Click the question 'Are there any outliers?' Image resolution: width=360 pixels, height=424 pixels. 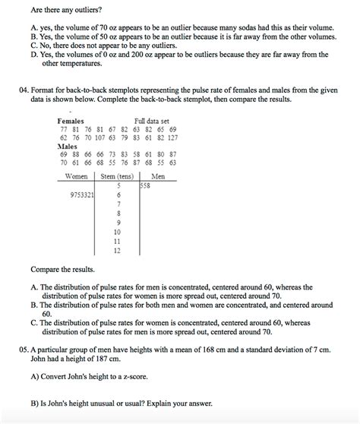coord(68,8)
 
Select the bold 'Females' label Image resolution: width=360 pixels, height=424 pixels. coord(71,122)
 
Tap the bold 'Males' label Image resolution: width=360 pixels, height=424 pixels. coord(68,145)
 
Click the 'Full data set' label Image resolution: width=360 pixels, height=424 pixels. coord(152,122)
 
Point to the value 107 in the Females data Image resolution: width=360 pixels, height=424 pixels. coord(99,138)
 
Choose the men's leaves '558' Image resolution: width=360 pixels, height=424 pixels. coord(145,185)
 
